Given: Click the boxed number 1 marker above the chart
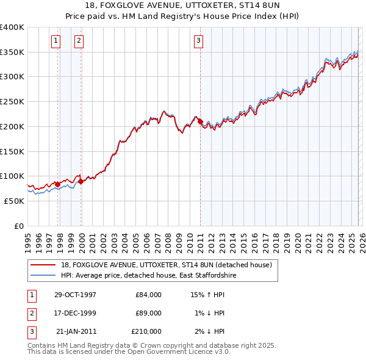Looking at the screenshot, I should [56, 41].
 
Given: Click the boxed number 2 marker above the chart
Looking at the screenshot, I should [79, 41].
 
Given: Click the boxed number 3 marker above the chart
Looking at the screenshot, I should [198, 41].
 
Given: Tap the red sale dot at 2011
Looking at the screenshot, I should [201, 122].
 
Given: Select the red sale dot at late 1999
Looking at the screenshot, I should [81, 181].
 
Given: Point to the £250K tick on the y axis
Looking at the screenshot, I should [13, 102].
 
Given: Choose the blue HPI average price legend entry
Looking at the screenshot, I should [148, 276].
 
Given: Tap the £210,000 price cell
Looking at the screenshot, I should [146, 331].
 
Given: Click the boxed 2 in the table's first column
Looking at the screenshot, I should [31, 313].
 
